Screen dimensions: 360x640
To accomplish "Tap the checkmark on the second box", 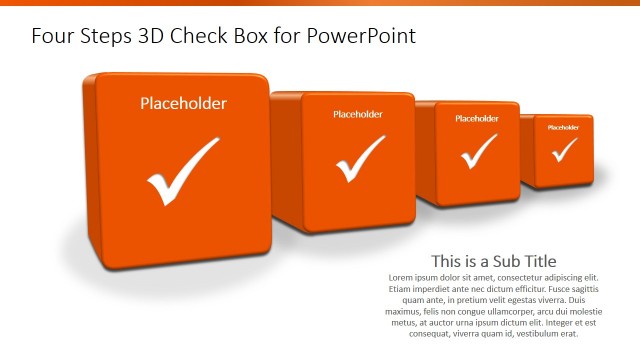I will coord(360,157).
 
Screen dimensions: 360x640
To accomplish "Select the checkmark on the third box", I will coord(478,151).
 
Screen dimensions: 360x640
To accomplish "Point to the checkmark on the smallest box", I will coord(564,149).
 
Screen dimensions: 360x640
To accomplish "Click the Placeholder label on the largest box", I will coord(183,103).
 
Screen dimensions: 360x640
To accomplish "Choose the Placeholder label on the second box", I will coord(358,114).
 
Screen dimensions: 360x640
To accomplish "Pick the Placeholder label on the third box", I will coord(477,118).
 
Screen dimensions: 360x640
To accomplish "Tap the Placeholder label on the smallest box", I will coord(563,127).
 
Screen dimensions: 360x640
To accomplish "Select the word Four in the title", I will coord(51,37).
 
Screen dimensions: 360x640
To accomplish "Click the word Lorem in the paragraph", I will coord(402,276).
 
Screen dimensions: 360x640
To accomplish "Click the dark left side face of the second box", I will coord(286,160).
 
